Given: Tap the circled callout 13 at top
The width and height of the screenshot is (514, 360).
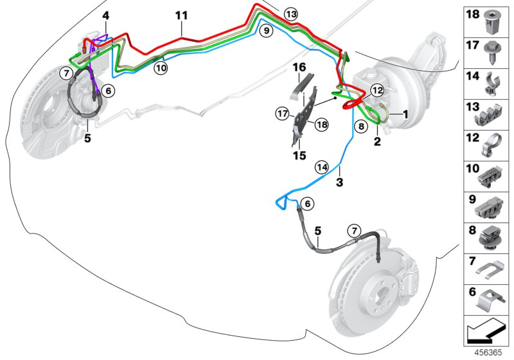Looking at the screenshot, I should point(290,14).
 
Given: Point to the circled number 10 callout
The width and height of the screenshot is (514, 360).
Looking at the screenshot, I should point(160,66).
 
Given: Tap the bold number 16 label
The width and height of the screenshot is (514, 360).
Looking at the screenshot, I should point(299,66).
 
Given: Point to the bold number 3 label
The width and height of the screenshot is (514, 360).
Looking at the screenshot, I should point(340,183).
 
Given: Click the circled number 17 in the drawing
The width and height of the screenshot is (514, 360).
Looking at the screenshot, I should point(281,114).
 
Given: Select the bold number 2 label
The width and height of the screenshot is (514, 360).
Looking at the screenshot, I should point(377,141).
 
